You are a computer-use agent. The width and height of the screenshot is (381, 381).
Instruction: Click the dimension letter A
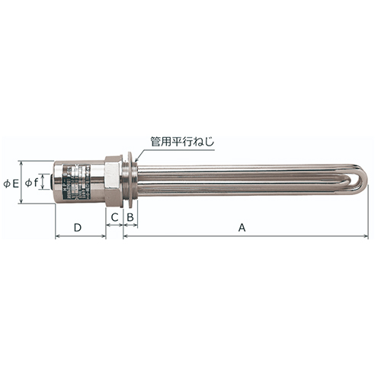pyautogui.click(x=242, y=226)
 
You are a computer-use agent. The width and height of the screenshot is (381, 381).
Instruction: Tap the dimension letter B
pyautogui.click(x=130, y=218)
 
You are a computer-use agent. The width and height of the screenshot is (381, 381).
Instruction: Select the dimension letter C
pyautogui.click(x=114, y=218)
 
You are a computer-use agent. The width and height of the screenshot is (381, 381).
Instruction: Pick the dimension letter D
pyautogui.click(x=77, y=226)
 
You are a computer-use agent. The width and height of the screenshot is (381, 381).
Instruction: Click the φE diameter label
pyautogui.click(x=10, y=184)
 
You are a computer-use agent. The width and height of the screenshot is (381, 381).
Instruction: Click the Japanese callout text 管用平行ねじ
pyautogui.click(x=183, y=141)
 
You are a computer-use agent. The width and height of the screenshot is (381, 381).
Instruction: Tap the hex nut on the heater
pyautogui.click(x=114, y=181)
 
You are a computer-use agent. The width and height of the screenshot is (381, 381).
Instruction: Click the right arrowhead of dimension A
pyautogui.click(x=365, y=236)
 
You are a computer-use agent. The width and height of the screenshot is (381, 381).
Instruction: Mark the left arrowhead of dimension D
pyautogui.click(x=58, y=236)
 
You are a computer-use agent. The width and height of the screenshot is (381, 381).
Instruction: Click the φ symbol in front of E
pyautogui.click(x=6, y=184)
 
